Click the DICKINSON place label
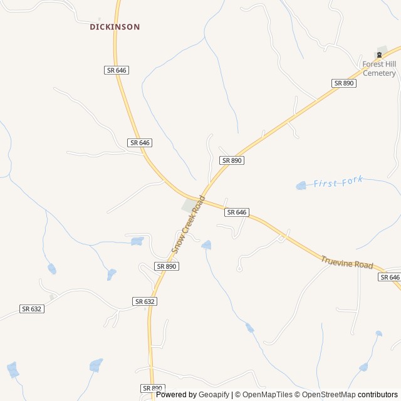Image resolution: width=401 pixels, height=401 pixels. (115, 27)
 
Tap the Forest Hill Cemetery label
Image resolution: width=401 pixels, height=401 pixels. (379, 68)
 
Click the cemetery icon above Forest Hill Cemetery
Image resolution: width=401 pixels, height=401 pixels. (379, 54)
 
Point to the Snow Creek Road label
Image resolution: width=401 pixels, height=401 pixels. (189, 224)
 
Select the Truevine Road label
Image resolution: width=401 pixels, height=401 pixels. (346, 263)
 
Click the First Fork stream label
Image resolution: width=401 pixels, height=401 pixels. (338, 182)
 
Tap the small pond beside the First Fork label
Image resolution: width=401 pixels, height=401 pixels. (301, 185)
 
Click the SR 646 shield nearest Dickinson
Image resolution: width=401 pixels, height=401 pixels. (117, 70)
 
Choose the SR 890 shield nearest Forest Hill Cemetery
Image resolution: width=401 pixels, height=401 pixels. (344, 83)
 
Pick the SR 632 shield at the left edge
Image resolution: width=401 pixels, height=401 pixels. (32, 308)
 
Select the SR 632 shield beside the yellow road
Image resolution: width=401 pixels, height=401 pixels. (145, 301)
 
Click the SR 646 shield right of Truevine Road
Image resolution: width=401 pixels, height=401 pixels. (389, 277)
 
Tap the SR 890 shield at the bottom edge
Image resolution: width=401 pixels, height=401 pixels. (152, 388)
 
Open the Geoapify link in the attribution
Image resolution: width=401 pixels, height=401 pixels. (214, 395)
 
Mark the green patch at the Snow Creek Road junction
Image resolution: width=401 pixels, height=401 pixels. (188, 206)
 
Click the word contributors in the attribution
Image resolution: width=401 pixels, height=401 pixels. (378, 395)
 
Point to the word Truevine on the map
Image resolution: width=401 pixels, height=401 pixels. (337, 260)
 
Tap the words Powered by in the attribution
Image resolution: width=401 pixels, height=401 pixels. (176, 395)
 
